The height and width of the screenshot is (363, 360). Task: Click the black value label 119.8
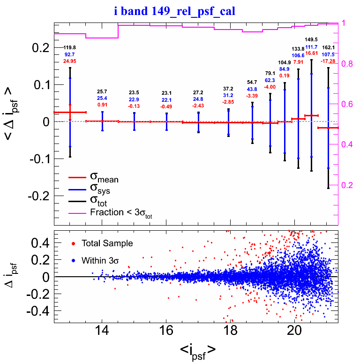tap(70, 48)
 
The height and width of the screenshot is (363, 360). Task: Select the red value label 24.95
tap(70, 61)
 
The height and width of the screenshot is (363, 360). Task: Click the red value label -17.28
tap(328, 61)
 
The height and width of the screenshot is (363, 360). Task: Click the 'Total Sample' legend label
tap(106, 243)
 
